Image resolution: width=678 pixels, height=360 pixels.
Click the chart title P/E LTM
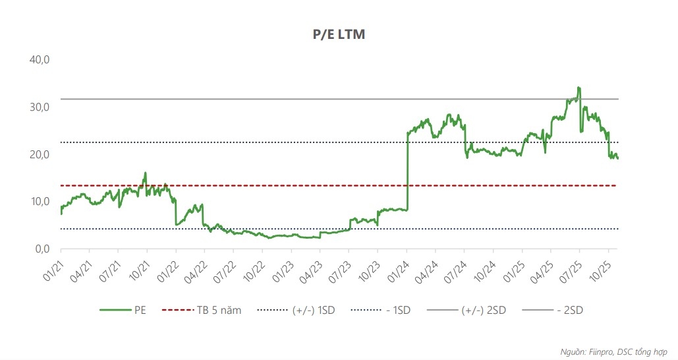coord(339,34)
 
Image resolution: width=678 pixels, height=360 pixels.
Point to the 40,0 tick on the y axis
coord(40,60)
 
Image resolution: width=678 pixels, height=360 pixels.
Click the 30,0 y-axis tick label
coord(40,107)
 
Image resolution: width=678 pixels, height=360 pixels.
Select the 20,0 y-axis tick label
coord(40,154)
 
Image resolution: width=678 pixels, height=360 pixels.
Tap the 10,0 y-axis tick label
coord(40,202)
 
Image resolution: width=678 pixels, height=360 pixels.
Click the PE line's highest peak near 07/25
coord(578,87)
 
